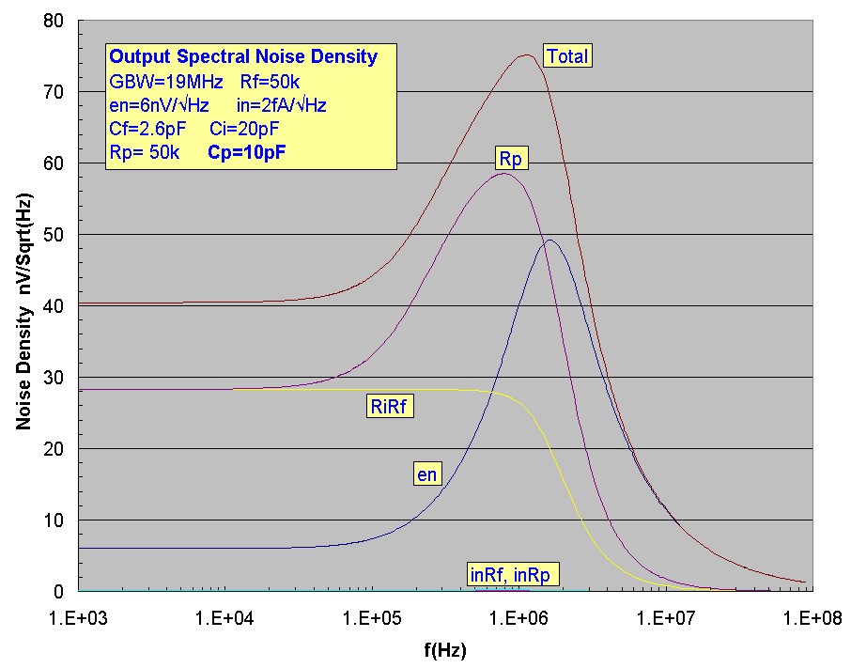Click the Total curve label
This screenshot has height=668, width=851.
tap(567, 56)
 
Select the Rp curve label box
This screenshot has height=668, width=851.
tap(512, 161)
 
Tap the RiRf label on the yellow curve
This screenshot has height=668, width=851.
tap(389, 407)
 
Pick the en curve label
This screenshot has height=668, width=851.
tap(427, 474)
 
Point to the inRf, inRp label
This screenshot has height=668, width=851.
tap(508, 572)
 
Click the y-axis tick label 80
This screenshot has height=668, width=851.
tap(54, 21)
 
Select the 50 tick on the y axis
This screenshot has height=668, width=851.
tap(54, 235)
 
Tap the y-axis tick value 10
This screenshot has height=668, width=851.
tap(54, 520)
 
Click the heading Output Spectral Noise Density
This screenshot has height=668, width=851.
tap(243, 57)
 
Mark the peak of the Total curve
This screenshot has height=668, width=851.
tap(526, 54)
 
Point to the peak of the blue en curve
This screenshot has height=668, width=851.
tap(549, 241)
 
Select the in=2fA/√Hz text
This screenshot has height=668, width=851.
tap(282, 105)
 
